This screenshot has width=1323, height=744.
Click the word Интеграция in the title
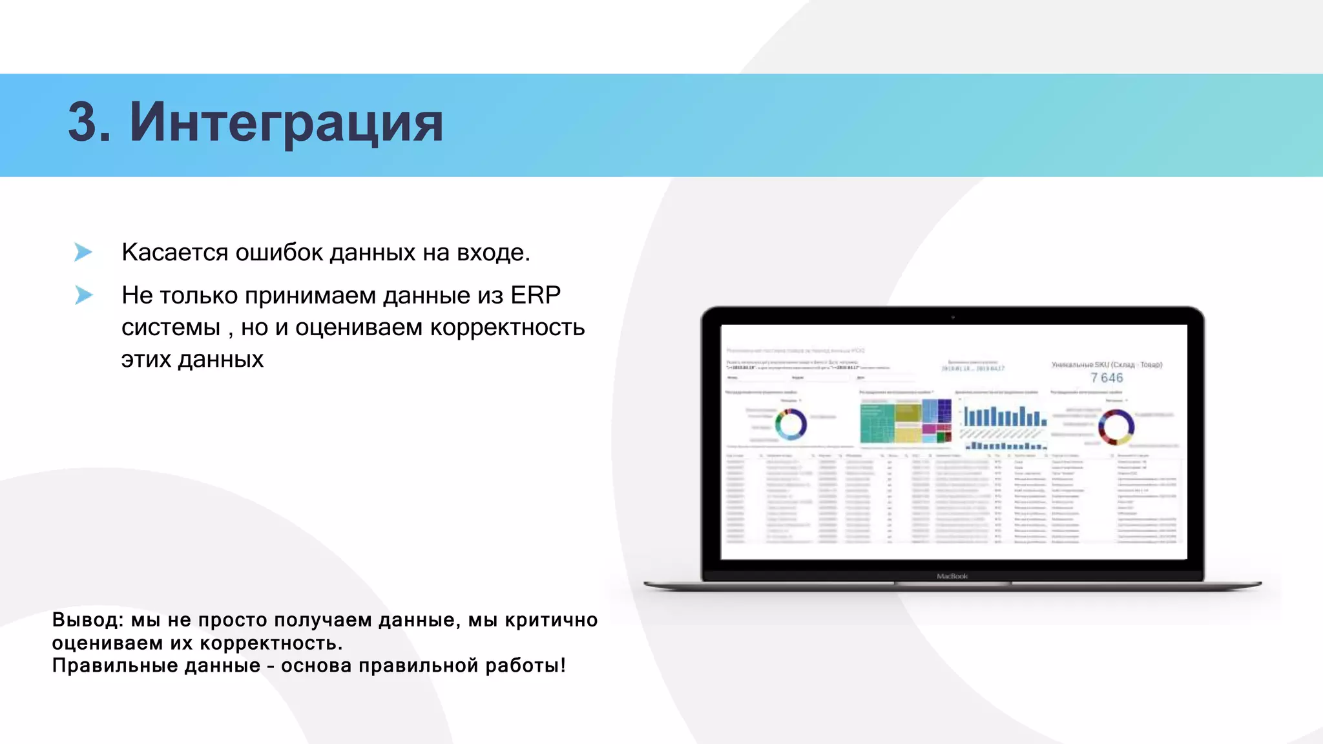tap(286, 123)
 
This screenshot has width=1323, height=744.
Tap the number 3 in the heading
tap(89, 123)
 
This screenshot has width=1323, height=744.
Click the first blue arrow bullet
tap(83, 252)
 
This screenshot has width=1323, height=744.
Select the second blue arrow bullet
tap(83, 295)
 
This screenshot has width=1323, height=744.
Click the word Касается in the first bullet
tap(174, 253)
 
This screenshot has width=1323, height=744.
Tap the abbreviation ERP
tap(535, 295)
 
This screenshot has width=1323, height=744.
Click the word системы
tap(171, 327)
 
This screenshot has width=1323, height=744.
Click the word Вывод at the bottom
tap(87, 620)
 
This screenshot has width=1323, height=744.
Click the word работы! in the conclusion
tap(525, 666)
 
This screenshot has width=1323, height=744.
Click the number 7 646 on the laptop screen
tap(1107, 378)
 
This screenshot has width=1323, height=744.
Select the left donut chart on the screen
tap(791, 425)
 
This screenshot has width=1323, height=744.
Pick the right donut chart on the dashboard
tap(1116, 427)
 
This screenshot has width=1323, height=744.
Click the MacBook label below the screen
tap(952, 576)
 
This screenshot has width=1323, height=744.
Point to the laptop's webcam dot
tap(952, 317)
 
